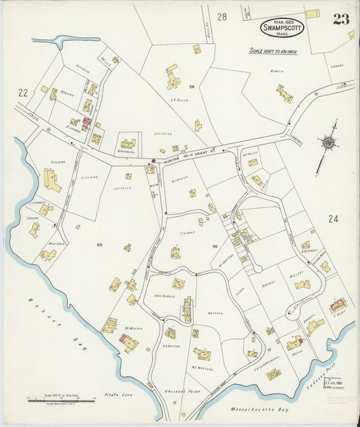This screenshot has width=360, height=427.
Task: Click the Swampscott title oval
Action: [x=282, y=27]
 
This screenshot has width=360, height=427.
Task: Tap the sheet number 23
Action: [x=341, y=19]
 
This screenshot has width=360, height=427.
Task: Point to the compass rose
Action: [x=329, y=142]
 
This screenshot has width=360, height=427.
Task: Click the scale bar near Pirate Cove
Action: [x=61, y=399]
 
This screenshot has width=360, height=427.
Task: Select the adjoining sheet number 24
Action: [x=332, y=218]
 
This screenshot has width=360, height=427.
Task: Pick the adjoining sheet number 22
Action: [x=22, y=93]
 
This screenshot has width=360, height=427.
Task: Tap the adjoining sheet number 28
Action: [x=222, y=16]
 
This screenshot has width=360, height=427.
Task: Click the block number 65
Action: [x=99, y=243]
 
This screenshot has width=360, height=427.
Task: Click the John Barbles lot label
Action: [x=164, y=295]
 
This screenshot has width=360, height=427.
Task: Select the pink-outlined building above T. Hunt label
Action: [x=338, y=305]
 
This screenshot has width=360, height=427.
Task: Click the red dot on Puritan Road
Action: [x=153, y=161]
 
